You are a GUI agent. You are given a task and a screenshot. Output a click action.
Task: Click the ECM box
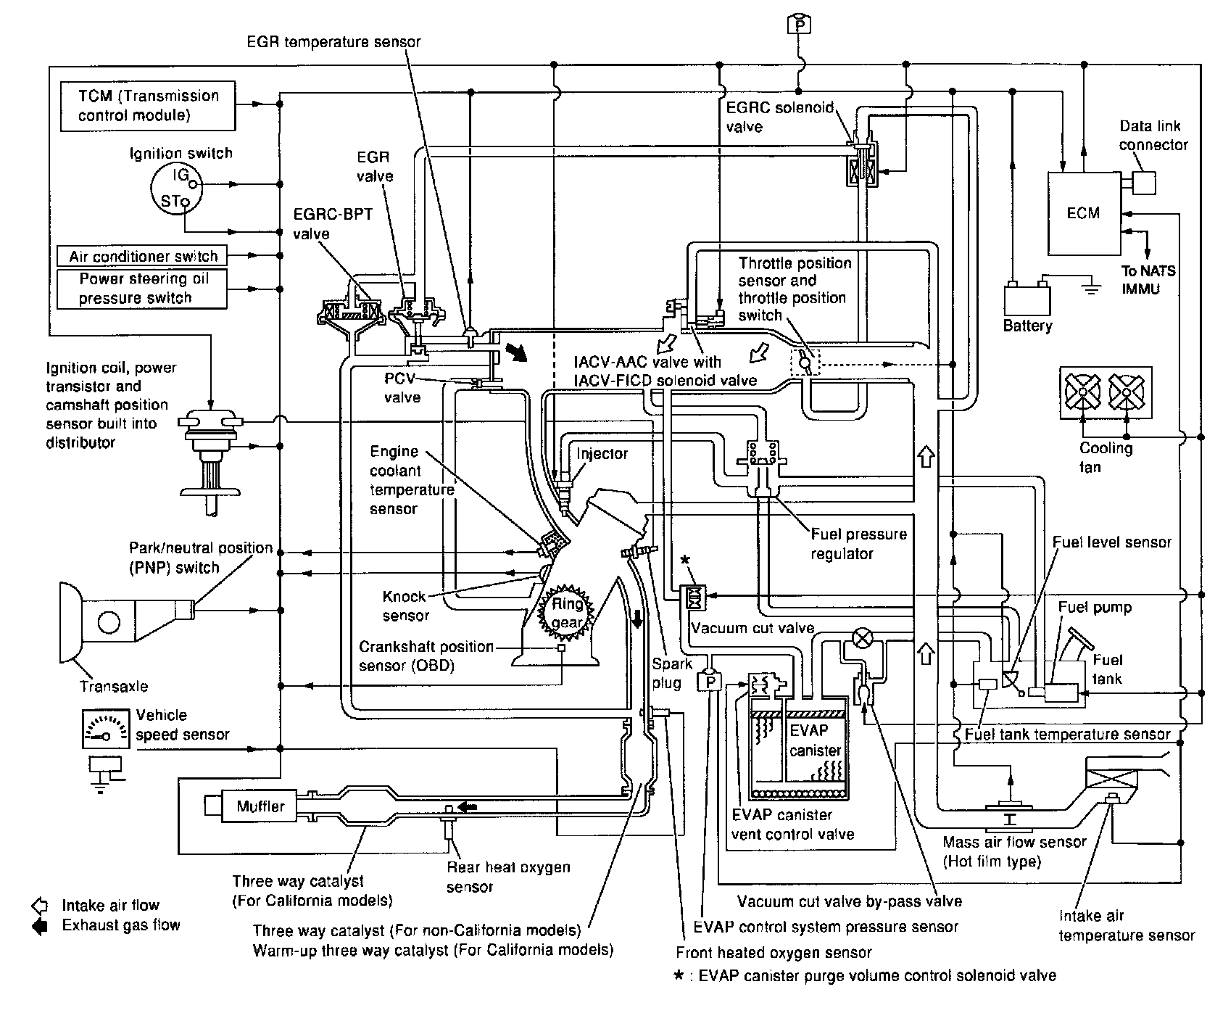tap(1083, 213)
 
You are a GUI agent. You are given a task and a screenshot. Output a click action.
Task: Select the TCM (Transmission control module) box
tap(149, 106)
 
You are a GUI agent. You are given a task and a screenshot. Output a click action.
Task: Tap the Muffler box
tap(261, 806)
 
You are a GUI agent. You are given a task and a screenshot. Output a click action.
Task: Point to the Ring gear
tap(568, 613)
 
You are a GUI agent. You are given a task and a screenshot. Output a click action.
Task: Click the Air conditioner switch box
tap(143, 256)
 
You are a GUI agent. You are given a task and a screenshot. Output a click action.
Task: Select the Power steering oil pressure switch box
tap(143, 289)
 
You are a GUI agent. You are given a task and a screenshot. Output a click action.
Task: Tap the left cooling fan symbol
tap(1083, 393)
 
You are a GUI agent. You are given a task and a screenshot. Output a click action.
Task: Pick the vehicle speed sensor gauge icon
tap(106, 729)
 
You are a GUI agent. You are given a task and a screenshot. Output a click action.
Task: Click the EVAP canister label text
tap(815, 740)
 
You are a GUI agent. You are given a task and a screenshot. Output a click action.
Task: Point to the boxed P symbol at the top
tap(799, 24)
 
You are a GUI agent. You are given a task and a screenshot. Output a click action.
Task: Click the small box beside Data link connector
tap(1143, 183)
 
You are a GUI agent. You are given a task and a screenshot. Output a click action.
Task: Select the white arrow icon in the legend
tap(40, 906)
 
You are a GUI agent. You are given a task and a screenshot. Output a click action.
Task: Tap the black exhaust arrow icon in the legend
tap(40, 926)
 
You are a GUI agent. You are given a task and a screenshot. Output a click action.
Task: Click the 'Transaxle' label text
tap(114, 686)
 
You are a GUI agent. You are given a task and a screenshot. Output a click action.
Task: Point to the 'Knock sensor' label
tap(405, 606)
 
